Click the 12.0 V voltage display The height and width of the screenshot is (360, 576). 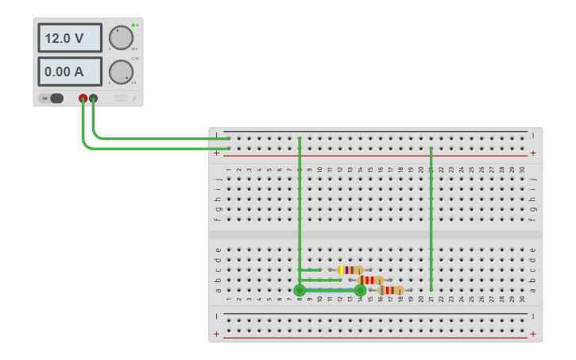click(70, 38)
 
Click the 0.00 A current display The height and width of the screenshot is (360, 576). click(70, 72)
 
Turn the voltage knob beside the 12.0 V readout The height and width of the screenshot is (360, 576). click(121, 37)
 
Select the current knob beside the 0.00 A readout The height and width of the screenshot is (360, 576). click(121, 72)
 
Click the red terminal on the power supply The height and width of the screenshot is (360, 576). click(83, 99)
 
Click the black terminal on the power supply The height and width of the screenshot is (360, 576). click(94, 99)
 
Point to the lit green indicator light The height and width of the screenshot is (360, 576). click(133, 25)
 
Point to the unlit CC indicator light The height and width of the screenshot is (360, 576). click(133, 59)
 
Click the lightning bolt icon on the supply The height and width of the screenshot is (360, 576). click(133, 99)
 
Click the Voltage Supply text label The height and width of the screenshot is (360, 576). click(121, 98)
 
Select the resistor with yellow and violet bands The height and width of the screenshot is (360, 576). click(350, 270)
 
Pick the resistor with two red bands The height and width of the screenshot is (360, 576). click(370, 280)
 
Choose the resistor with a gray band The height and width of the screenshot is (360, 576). click(390, 290)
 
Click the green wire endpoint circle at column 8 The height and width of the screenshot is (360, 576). click(300, 291)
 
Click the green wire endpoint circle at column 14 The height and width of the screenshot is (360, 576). click(360, 291)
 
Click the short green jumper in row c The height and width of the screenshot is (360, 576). click(311, 270)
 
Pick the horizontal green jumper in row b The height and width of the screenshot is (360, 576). click(321, 281)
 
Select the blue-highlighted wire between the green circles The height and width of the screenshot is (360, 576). click(330, 291)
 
